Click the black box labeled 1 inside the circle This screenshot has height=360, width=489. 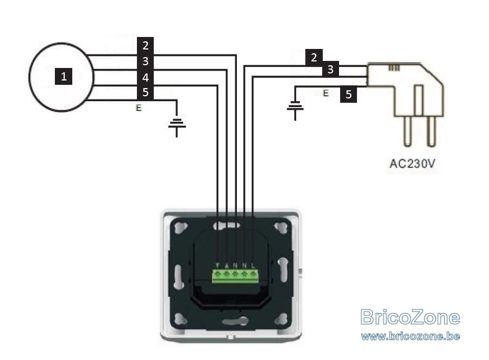64,77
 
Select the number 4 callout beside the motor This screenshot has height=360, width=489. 145,77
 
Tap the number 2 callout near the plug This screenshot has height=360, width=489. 314,58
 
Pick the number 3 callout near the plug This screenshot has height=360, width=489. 330,69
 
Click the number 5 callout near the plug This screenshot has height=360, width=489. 349,94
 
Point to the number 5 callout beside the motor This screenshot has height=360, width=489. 145,92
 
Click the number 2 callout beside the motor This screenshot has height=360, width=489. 145,46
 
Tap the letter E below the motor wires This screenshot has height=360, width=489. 139,108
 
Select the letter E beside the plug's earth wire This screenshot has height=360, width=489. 326,93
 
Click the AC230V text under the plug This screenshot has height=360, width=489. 412,164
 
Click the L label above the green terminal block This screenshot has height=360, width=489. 253,265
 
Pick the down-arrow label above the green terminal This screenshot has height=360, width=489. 217,265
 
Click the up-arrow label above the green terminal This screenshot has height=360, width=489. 227,265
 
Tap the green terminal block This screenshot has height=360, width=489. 235,276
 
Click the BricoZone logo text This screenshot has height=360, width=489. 410,317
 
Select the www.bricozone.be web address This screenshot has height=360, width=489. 410,336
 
